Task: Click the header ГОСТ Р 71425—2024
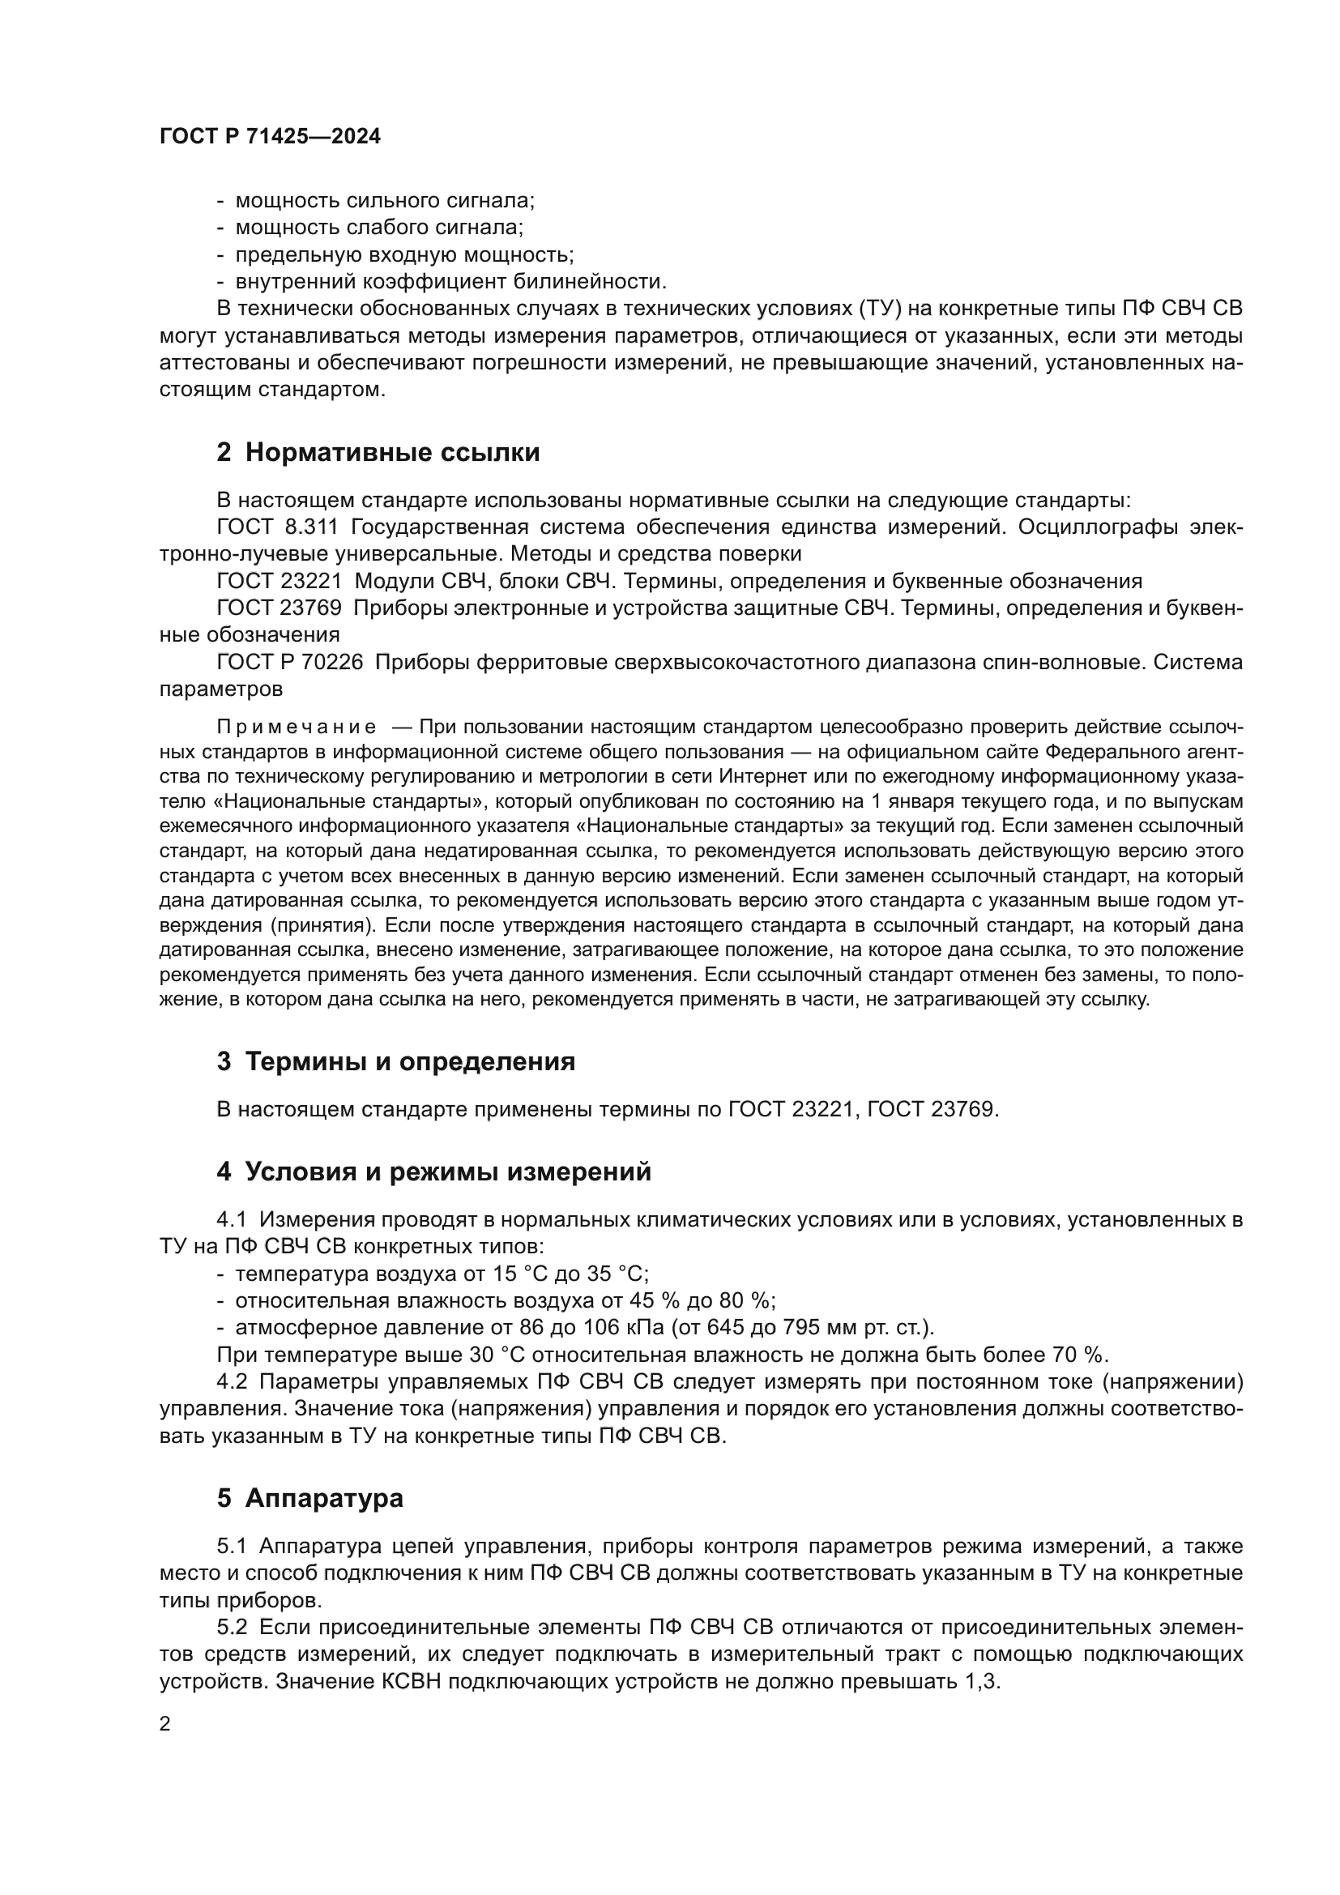(270, 137)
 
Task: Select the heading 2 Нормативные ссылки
(378, 452)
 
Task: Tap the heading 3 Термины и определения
(395, 1061)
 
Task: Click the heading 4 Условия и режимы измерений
(433, 1172)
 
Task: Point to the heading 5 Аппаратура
(309, 1498)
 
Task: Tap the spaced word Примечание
(297, 727)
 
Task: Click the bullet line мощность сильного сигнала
(385, 201)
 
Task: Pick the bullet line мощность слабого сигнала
(378, 227)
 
